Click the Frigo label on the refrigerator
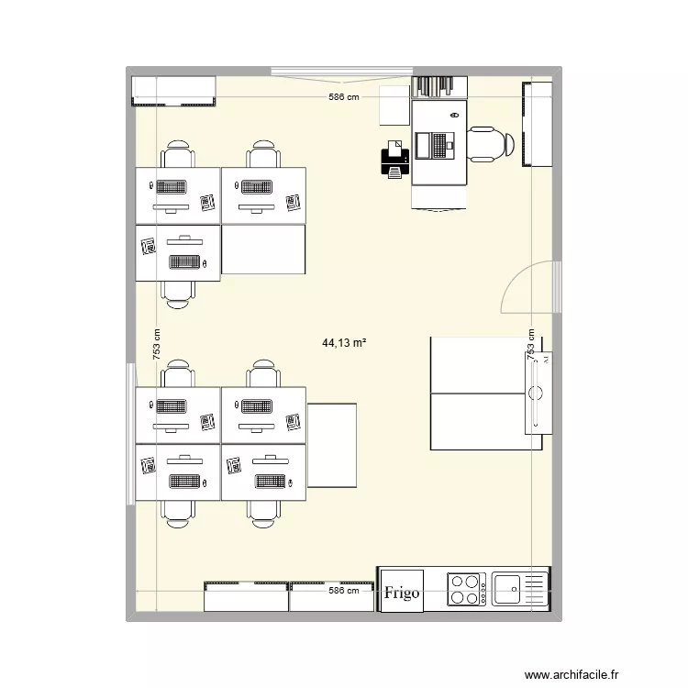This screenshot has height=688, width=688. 402,593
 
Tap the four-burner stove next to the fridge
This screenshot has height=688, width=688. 466,589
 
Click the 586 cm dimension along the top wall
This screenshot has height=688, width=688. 345,96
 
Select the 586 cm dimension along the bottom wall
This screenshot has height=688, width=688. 345,592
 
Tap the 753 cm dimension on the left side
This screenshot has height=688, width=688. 157,346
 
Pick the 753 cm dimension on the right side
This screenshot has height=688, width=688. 529,346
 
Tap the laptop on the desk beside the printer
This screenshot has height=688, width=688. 436,145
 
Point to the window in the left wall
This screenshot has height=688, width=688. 131,432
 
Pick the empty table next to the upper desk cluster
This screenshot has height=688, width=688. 264,250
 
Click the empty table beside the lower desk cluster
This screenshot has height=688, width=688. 332,445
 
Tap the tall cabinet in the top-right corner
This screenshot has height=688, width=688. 538,124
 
